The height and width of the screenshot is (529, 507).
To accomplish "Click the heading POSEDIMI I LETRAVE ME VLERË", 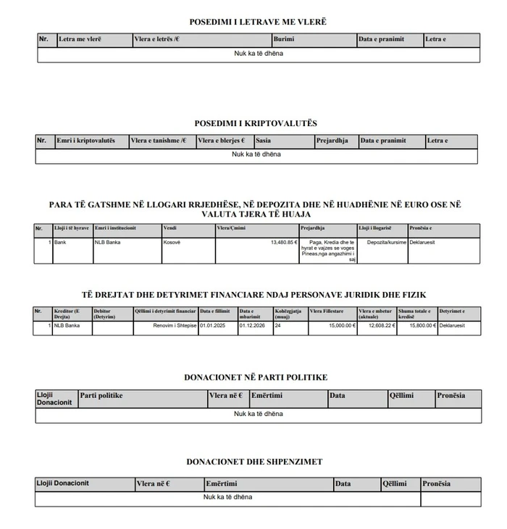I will (257, 22).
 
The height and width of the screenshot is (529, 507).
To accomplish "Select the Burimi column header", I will (283, 39).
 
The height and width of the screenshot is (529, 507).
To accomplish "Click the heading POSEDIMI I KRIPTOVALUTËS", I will (256, 124).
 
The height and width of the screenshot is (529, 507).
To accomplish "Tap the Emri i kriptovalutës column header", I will (86, 141).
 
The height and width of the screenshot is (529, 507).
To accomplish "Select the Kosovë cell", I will (172, 242).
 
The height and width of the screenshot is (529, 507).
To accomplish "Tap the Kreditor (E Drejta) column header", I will (64, 314).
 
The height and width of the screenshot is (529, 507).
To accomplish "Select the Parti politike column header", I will (101, 396).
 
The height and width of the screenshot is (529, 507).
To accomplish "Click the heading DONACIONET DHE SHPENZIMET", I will (254, 462).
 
